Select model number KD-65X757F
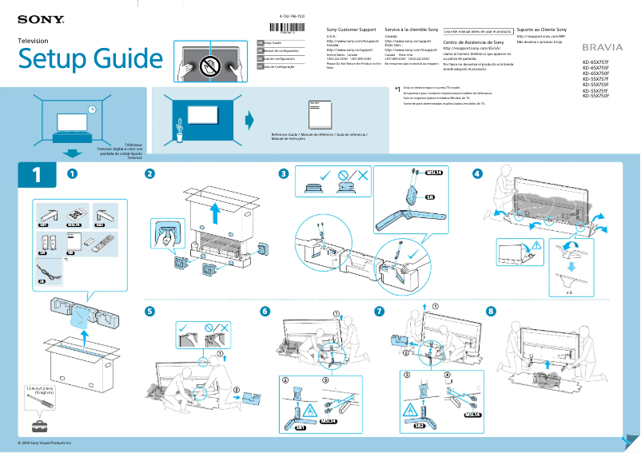(595, 62)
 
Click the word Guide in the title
(123, 58)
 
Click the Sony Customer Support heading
(352, 30)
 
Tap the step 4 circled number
(477, 173)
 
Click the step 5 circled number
(149, 311)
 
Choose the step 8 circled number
(491, 310)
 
